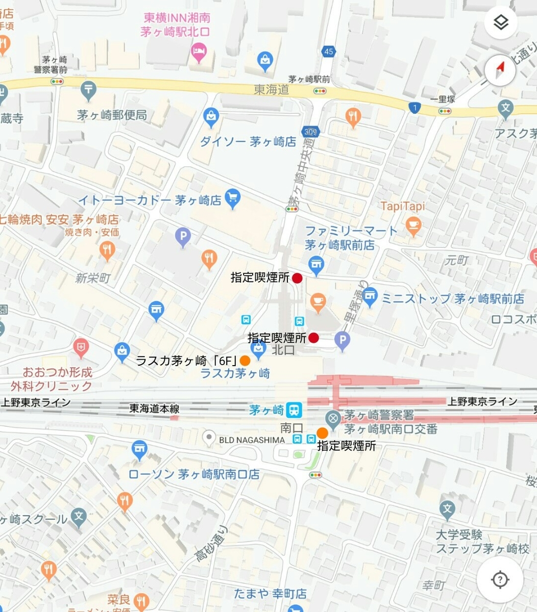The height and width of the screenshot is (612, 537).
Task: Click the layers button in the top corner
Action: pos(501,22)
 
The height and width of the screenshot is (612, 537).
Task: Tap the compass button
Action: pos(501,70)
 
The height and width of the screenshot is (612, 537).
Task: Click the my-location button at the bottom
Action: pos(500,579)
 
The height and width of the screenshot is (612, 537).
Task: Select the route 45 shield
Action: pos(329,52)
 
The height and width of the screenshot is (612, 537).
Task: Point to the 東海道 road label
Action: pos(272,90)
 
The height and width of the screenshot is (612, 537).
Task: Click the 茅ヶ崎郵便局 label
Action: pos(112,115)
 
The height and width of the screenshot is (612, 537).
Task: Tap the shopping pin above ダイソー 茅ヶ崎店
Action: pos(211,117)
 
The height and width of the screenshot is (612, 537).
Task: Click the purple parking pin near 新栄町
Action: pos(183,237)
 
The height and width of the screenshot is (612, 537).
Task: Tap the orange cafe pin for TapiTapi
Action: pos(413,225)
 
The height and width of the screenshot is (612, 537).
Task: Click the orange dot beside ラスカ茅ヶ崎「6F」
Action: pos(245,360)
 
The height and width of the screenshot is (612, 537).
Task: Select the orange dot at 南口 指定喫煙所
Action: pos(323,433)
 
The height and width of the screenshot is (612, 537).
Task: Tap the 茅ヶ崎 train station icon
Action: pos(294,409)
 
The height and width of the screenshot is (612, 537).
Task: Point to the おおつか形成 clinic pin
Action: pos(81,348)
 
